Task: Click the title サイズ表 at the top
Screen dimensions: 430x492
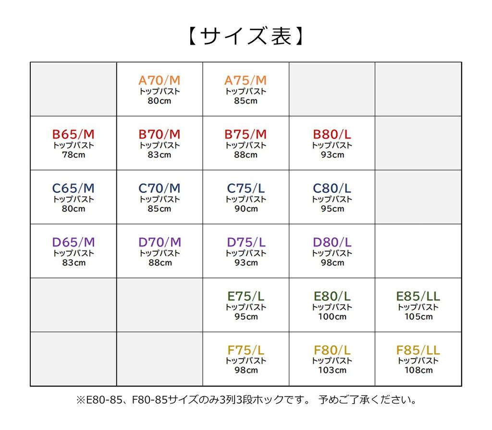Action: pos(246,36)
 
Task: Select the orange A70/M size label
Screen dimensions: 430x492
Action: pos(159,80)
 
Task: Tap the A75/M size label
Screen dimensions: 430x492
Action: pos(246,80)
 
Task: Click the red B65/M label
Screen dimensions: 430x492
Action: pos(73,134)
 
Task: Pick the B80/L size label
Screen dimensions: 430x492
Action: pos(332,134)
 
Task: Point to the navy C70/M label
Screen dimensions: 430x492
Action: pos(159,188)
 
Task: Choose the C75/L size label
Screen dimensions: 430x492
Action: pos(246,188)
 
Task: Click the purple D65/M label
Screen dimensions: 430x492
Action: pos(73,242)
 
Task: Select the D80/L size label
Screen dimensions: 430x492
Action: pos(332,242)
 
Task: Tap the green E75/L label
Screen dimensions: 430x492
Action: pos(246,296)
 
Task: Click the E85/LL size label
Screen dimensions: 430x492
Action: pos(418,296)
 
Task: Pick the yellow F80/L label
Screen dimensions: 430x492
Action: pos(332,350)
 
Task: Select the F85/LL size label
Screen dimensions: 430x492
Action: pos(418,350)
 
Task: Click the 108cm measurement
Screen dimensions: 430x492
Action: pos(418,370)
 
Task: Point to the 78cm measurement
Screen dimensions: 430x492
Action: pos(73,155)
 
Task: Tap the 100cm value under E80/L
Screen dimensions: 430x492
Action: pos(332,316)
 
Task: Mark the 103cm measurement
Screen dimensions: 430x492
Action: pos(332,370)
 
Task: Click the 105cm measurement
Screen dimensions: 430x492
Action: pos(418,316)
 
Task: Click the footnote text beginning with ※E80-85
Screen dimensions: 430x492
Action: pos(246,399)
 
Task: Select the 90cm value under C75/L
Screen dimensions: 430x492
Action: pos(246,209)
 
